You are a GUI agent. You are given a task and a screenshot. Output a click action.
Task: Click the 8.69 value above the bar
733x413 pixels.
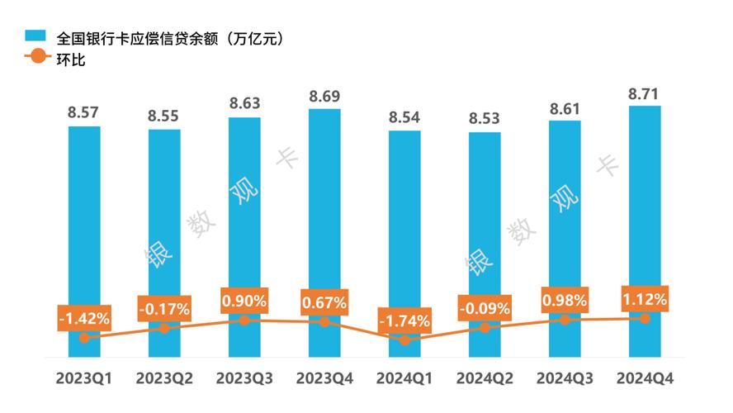click(324, 97)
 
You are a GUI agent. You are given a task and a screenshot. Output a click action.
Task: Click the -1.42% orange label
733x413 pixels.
click(84, 317)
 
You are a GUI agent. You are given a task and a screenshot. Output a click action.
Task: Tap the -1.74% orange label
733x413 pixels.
click(404, 320)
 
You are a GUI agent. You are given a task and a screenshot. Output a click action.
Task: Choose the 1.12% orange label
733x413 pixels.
click(645, 298)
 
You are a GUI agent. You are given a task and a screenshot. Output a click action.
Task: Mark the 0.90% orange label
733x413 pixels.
click(244, 301)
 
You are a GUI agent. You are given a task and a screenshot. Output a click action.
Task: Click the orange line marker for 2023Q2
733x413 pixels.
click(164, 328)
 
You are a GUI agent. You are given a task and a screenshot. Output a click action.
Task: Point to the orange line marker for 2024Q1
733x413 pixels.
click(404, 339)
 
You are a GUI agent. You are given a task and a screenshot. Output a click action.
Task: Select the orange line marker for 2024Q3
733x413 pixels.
click(565, 319)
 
